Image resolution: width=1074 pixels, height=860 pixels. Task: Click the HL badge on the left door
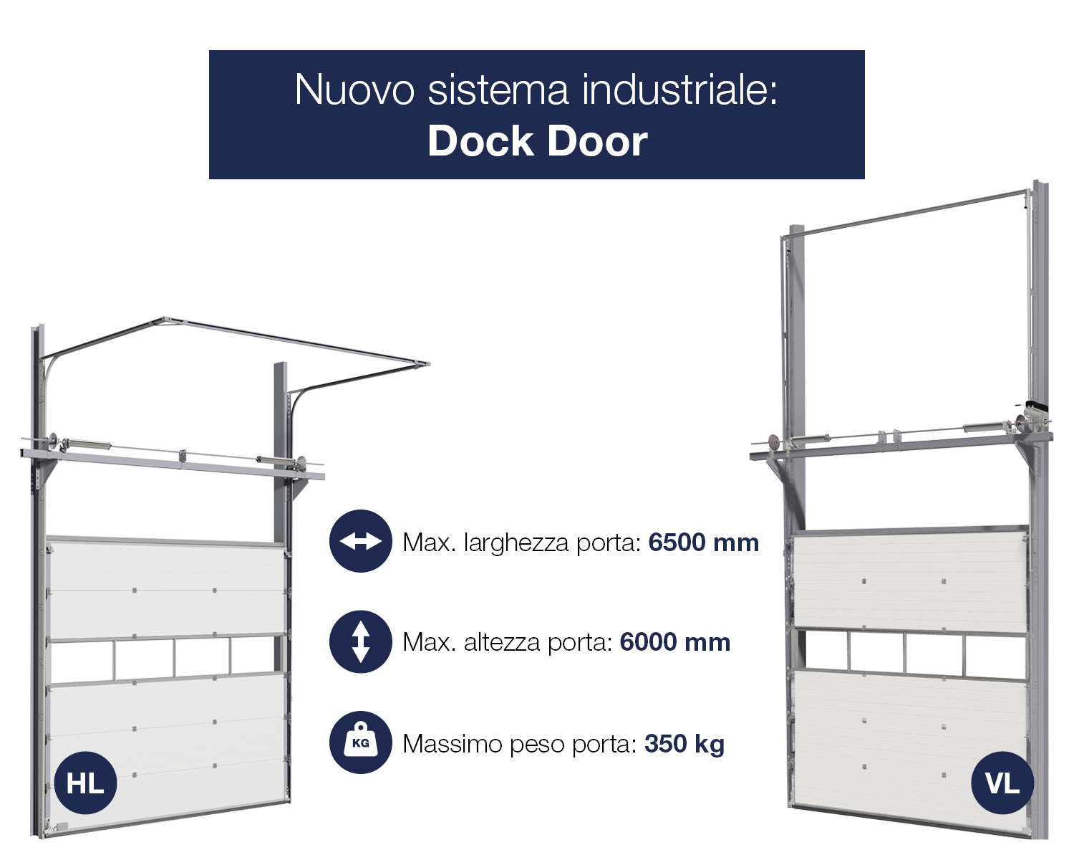pyautogui.click(x=85, y=783)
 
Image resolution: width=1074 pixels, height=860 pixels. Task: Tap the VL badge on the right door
pyautogui.click(x=1002, y=783)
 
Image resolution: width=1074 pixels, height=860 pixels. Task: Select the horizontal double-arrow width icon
pyautogui.click(x=360, y=541)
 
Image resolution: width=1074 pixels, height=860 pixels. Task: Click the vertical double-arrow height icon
pyautogui.click(x=360, y=642)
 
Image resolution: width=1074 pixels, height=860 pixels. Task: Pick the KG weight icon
pyautogui.click(x=360, y=743)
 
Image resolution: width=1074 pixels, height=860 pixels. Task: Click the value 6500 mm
pyautogui.click(x=704, y=543)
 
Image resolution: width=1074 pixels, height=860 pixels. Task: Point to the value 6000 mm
pyautogui.click(x=674, y=643)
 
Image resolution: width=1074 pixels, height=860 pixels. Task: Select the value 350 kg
pyautogui.click(x=684, y=745)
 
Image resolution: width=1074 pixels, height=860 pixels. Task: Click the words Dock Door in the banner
pyautogui.click(x=538, y=141)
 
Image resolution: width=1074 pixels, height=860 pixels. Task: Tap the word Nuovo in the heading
pyautogui.click(x=354, y=90)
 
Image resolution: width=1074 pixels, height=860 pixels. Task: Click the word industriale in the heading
pyautogui.click(x=679, y=90)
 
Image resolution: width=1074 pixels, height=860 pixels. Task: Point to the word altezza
pyautogui.click(x=502, y=643)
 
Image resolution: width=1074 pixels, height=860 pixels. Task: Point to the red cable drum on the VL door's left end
pyautogui.click(x=774, y=441)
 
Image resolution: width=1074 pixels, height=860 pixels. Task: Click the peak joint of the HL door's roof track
pyautogui.click(x=165, y=320)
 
